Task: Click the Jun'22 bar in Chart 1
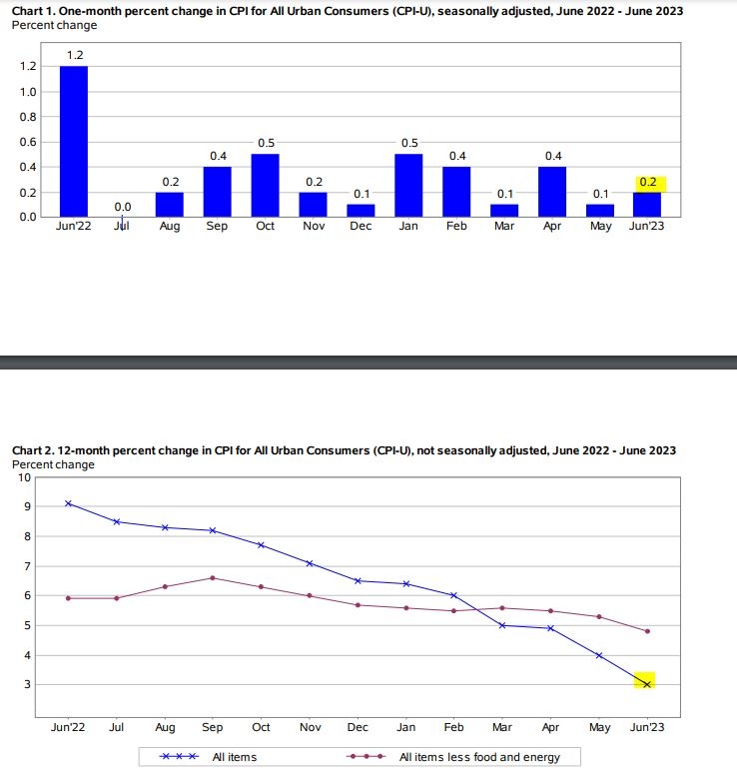74,141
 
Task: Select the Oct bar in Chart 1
266,186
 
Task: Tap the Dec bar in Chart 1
362,210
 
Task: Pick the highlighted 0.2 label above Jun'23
648,182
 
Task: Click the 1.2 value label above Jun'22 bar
75,55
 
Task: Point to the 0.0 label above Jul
123,207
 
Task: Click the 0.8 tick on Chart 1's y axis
28,117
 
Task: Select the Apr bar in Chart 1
552,192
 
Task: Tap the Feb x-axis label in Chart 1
456,226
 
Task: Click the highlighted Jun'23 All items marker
646,684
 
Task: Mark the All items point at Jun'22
69,503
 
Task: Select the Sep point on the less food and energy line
213,578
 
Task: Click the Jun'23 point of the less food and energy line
647,631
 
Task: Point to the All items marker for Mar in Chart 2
502,625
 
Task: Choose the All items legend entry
208,757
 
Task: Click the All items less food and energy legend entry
453,757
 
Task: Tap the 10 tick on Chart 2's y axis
24,478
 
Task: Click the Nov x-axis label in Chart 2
311,727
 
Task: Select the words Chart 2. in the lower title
33,450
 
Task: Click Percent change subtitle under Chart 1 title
55,25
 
